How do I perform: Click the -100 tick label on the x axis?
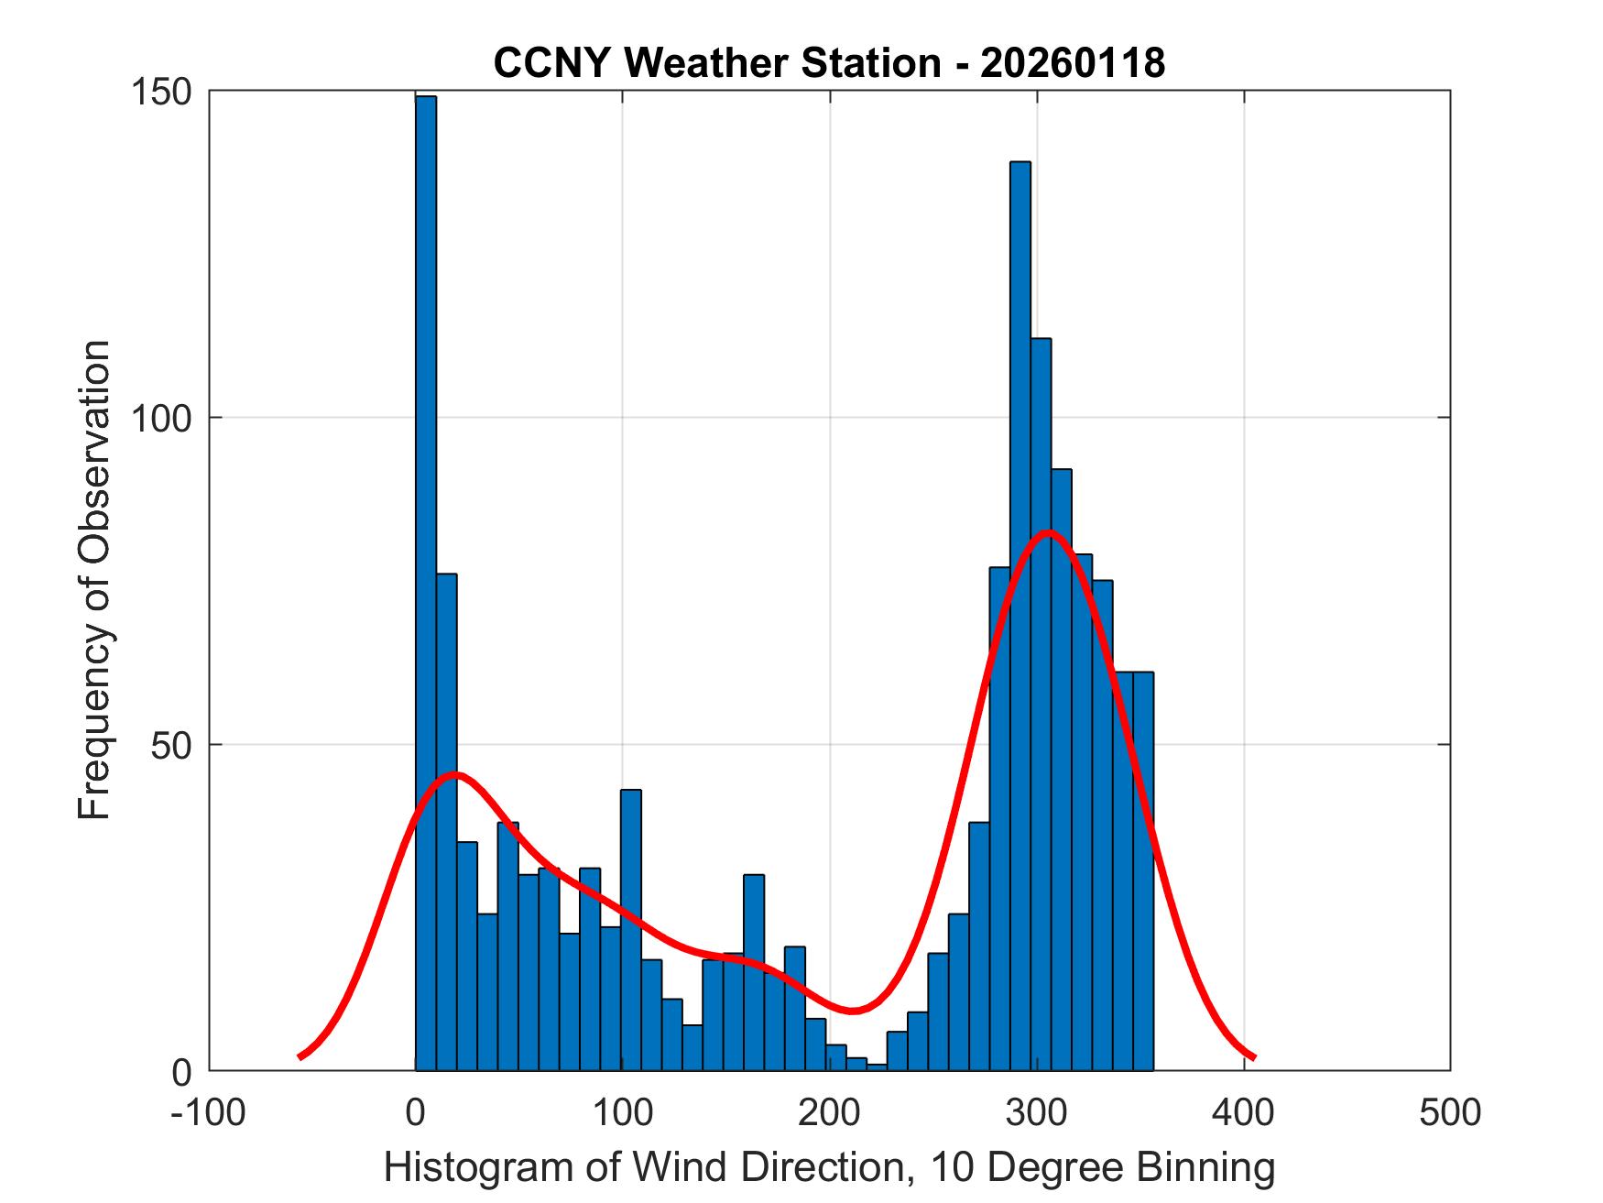[x=208, y=1112]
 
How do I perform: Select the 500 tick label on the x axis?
[x=1449, y=1112]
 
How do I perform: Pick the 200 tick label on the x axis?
[x=829, y=1112]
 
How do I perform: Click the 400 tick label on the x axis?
[x=1243, y=1112]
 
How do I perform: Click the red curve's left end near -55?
[x=300, y=1056]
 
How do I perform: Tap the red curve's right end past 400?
[x=1253, y=1057]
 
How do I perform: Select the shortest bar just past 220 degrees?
[x=877, y=1067]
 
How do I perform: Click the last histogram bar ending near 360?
[x=1143, y=870]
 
